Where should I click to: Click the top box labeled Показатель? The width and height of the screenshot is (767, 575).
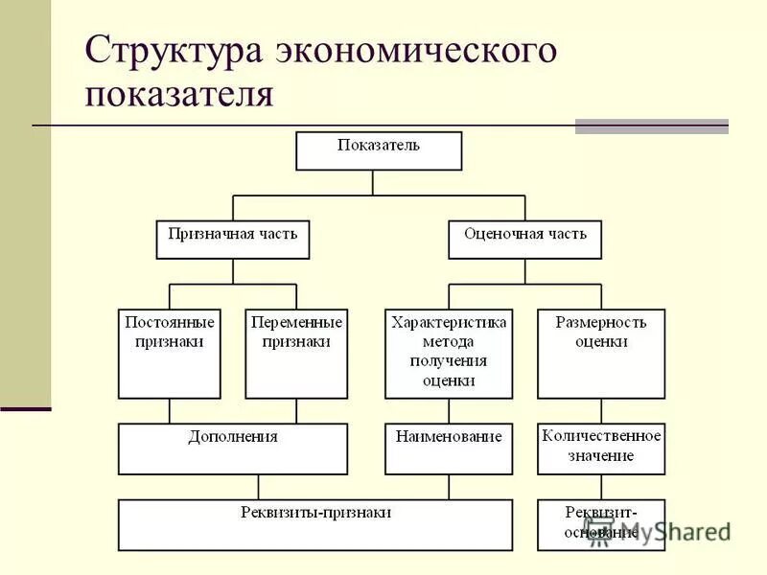pos(379,150)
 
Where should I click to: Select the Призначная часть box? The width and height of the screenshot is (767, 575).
pos(233,240)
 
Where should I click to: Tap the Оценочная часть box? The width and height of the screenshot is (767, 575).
pos(524,240)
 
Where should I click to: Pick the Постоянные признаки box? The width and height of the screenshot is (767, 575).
pos(170,354)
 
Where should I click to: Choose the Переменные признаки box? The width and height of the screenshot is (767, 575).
pos(296,354)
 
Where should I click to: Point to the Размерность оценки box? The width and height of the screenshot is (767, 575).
pos(601,354)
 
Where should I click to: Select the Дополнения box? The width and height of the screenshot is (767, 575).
pos(233,448)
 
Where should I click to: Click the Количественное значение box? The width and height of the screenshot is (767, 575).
pos(601,448)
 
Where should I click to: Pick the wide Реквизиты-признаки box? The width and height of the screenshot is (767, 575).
pos(316,524)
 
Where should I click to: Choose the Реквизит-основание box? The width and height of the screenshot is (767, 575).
pos(601,524)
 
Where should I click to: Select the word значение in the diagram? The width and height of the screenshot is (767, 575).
pos(601,455)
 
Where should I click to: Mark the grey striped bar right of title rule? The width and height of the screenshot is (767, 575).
pos(651,126)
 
